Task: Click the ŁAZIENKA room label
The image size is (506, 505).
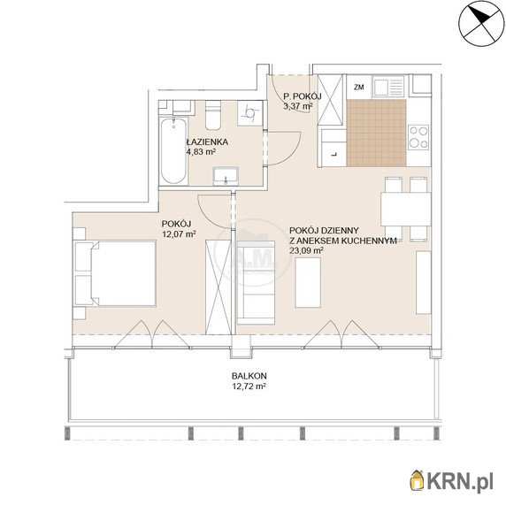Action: pos(208,142)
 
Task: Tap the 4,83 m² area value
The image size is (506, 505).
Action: pos(201,151)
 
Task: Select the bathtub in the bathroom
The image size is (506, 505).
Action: pos(173,151)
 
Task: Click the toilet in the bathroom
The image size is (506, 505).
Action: pos(213,114)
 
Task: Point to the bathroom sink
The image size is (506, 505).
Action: pos(226,177)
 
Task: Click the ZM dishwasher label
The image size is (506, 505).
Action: pos(359,87)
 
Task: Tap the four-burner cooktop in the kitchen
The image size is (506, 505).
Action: pos(418,137)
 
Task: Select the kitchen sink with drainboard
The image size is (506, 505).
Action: pos(389,87)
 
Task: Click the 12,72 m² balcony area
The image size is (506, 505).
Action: pos(249,386)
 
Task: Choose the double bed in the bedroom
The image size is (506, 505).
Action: pos(115,273)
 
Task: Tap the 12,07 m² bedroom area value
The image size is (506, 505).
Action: pos(179,234)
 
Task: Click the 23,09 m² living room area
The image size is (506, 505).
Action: pos(307,250)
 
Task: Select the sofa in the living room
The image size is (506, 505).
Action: pos(256,283)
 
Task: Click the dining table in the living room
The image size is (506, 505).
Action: pos(406,209)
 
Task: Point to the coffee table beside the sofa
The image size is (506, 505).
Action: pos(308,282)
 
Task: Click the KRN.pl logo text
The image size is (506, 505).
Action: pos(460,482)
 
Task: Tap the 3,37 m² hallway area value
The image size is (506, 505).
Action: pos(297,105)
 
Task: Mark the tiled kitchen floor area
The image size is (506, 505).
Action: pos(377,133)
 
